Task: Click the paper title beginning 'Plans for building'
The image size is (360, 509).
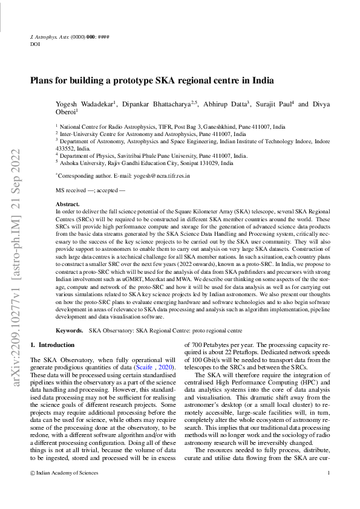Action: (152, 80)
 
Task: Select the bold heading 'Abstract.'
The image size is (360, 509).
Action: (68, 205)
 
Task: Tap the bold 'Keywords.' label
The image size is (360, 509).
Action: (70, 331)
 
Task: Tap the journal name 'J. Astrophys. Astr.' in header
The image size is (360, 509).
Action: (50, 37)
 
